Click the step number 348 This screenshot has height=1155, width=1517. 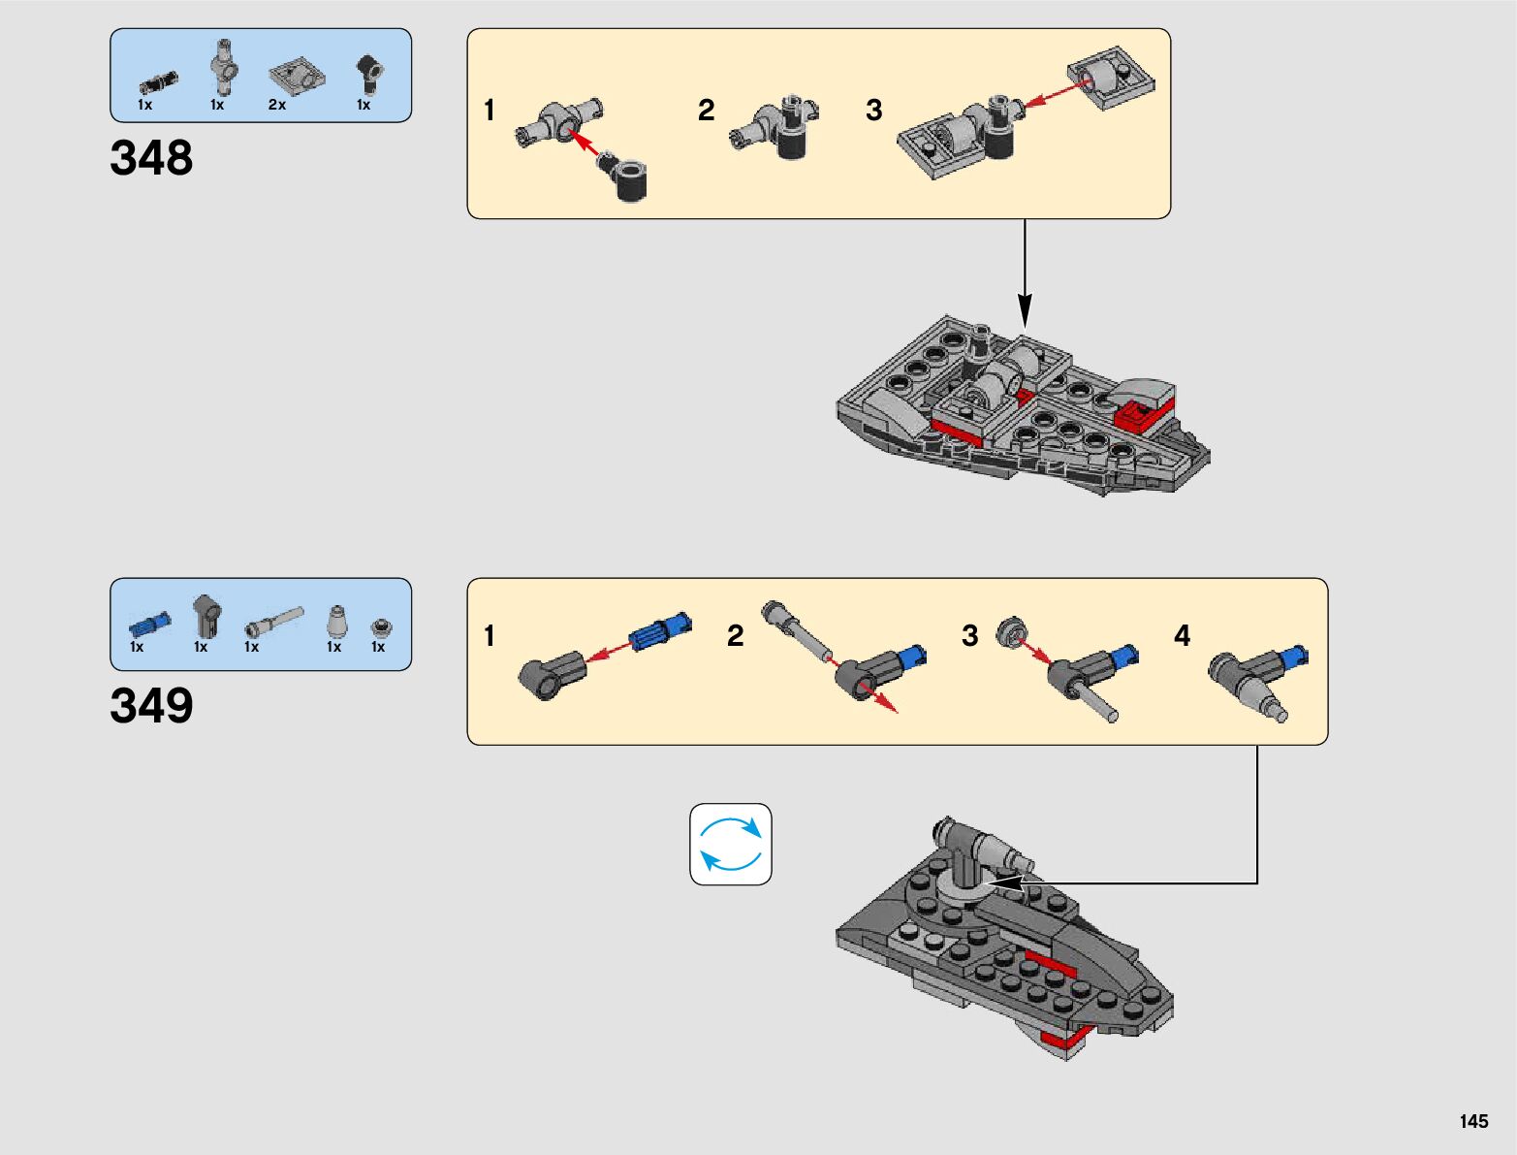[x=151, y=158]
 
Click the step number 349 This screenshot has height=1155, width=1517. [x=151, y=706]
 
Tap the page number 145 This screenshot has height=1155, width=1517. [x=1473, y=1121]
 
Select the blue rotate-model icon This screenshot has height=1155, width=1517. [x=731, y=844]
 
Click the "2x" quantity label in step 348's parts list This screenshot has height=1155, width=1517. [x=277, y=105]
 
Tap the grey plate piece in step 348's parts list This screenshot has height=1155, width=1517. [x=294, y=75]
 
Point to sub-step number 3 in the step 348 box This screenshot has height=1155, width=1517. [x=874, y=111]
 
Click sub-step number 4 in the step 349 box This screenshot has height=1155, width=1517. [x=1182, y=636]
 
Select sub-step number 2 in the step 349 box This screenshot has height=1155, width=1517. [x=736, y=636]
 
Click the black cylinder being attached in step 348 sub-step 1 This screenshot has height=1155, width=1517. [x=630, y=180]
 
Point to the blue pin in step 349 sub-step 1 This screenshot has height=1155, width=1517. [x=661, y=632]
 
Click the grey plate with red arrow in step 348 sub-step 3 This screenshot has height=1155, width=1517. [x=1111, y=77]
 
